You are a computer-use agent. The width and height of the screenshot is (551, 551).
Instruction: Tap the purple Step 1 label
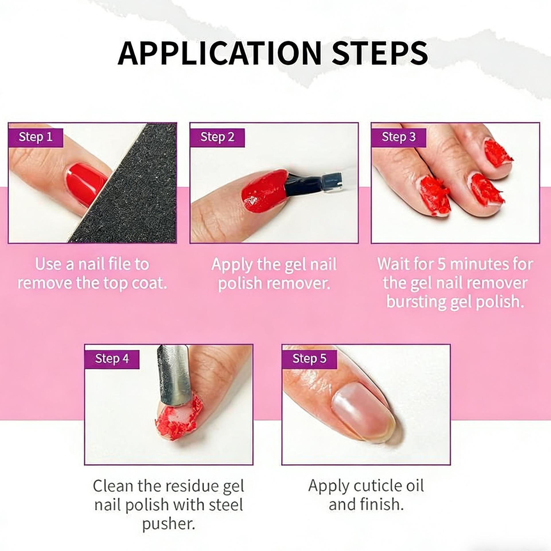[x=36, y=137]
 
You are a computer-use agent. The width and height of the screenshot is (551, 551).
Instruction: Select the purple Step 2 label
[x=217, y=137]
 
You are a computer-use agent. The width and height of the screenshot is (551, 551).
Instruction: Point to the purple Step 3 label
[x=398, y=137]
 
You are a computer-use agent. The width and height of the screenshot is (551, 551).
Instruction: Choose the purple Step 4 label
[x=112, y=359]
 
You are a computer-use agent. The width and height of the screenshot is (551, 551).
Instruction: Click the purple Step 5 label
[x=309, y=359]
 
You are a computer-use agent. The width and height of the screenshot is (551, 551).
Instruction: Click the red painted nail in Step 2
[x=264, y=191]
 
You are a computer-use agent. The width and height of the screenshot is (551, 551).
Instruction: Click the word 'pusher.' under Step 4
[x=169, y=524]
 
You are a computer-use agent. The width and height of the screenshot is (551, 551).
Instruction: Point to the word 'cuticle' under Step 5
[x=377, y=486]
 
